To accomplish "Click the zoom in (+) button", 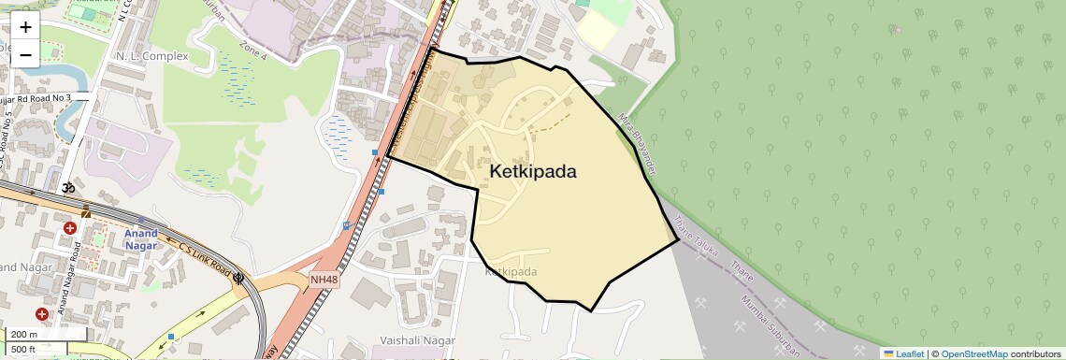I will point(25,27).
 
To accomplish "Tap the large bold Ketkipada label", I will point(533,171).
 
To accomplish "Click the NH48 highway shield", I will point(324,279).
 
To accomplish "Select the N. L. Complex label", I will point(151,56).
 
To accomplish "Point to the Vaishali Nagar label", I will point(417,340).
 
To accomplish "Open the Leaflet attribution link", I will point(903,353).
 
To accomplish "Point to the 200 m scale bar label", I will point(24,335).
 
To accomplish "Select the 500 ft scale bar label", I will point(24,349).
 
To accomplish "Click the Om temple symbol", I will point(67,187).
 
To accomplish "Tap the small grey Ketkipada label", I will point(511,272).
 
